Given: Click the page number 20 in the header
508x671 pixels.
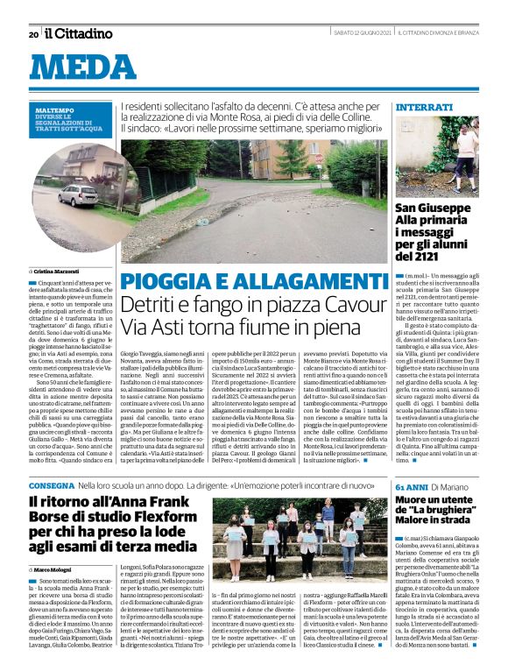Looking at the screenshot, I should (x=33, y=34).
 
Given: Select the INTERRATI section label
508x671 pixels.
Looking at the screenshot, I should (x=423, y=106).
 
